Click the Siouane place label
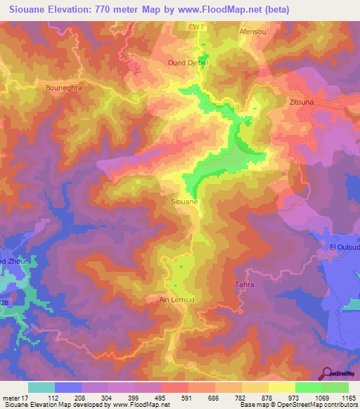(184, 202)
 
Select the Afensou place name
(253, 32)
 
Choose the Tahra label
(243, 285)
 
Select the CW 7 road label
(196, 27)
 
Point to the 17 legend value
(25, 398)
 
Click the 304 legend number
(106, 398)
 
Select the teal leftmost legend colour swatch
(41, 387)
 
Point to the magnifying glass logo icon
(328, 373)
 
